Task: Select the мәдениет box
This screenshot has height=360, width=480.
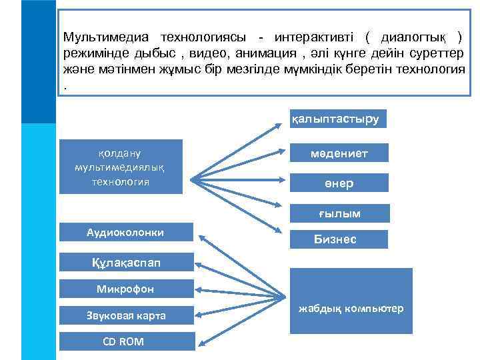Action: [339, 154]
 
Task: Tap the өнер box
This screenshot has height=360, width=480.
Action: [339, 183]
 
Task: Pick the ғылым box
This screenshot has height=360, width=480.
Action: [339, 213]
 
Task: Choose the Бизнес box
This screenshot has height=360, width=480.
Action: [339, 239]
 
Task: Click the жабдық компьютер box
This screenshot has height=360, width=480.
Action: [350, 309]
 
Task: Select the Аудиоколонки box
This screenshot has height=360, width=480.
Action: [125, 232]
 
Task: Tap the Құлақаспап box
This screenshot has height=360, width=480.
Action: [125, 261]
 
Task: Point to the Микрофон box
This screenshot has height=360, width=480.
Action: [125, 289]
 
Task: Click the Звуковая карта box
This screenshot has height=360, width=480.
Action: [125, 315]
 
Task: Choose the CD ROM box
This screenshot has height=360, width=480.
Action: [125, 341]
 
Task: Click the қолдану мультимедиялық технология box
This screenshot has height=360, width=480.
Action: [121, 166]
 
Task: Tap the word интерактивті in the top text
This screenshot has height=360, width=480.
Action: [311, 37]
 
